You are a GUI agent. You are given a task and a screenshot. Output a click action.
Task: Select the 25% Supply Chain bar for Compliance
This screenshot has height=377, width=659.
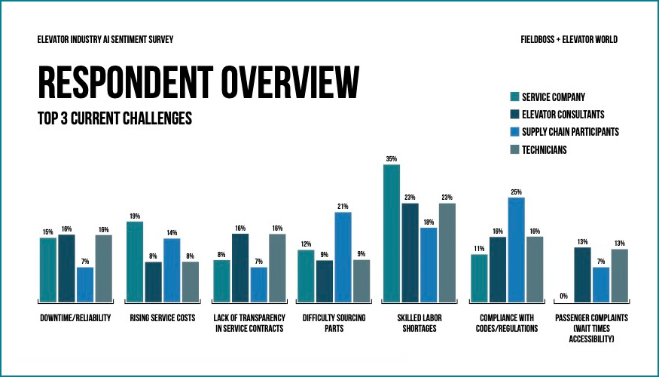[x=516, y=249]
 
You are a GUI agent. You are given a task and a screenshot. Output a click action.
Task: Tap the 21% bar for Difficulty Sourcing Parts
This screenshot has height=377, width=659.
[x=343, y=256]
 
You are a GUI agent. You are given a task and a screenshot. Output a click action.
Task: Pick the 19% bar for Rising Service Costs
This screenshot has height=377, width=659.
[x=135, y=261]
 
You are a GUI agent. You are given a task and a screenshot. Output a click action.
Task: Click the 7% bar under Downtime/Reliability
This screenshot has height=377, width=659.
[x=85, y=284]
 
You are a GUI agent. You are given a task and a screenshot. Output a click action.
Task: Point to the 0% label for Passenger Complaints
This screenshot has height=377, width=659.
[x=564, y=296]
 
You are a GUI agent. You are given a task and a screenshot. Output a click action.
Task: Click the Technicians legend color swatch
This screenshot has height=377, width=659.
[x=514, y=149]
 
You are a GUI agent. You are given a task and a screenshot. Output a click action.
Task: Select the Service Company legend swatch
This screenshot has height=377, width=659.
[x=514, y=97]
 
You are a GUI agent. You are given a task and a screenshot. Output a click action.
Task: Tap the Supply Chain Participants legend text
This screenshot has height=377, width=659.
[x=570, y=132]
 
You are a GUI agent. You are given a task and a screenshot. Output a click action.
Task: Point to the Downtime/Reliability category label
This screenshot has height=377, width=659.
[x=75, y=318]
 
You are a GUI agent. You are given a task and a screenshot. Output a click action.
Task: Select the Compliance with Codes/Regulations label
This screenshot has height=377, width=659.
[x=506, y=323]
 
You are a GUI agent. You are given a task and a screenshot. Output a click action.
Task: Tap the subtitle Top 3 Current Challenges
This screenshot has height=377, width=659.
[x=114, y=118]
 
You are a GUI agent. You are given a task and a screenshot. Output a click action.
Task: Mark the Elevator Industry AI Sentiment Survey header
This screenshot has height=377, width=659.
[x=109, y=40]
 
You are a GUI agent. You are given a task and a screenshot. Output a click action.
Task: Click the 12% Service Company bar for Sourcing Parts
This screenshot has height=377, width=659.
[x=306, y=275]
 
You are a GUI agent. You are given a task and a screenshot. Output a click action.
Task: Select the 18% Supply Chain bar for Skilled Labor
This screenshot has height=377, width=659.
[x=429, y=264]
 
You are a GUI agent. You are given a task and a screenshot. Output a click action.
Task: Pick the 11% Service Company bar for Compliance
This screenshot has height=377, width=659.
[x=479, y=277]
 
